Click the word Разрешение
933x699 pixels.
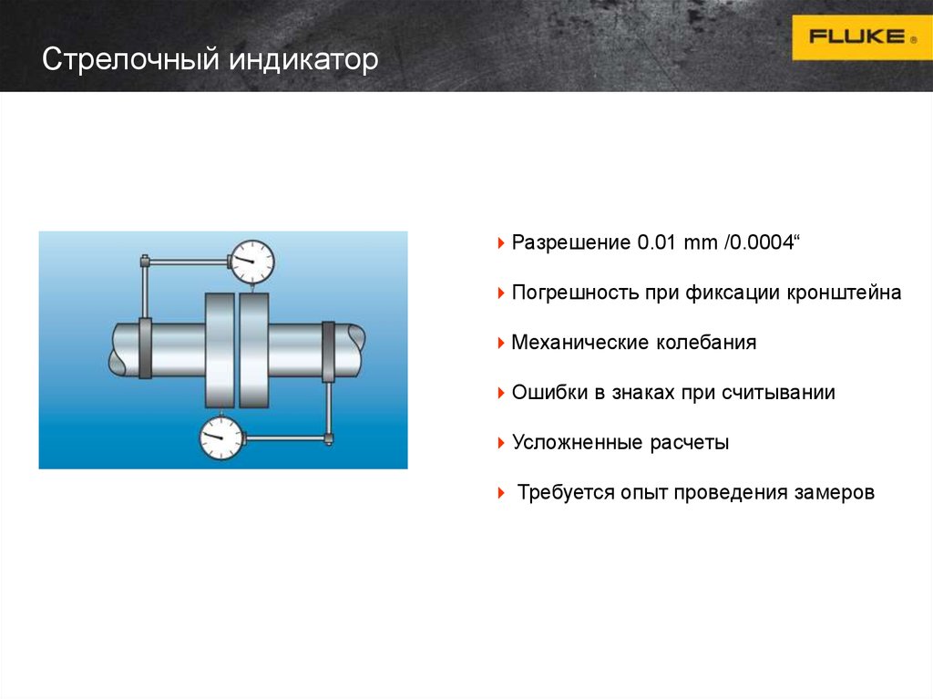[571, 244]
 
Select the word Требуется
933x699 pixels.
[565, 493]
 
